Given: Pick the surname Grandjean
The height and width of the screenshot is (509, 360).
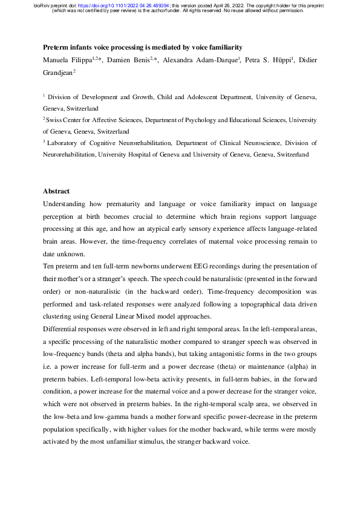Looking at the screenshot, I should pyautogui.click(x=57, y=72).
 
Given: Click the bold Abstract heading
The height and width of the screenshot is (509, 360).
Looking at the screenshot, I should pyautogui.click(x=56, y=191).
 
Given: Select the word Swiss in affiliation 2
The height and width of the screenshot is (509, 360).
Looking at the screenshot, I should pyautogui.click(x=56, y=120).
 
